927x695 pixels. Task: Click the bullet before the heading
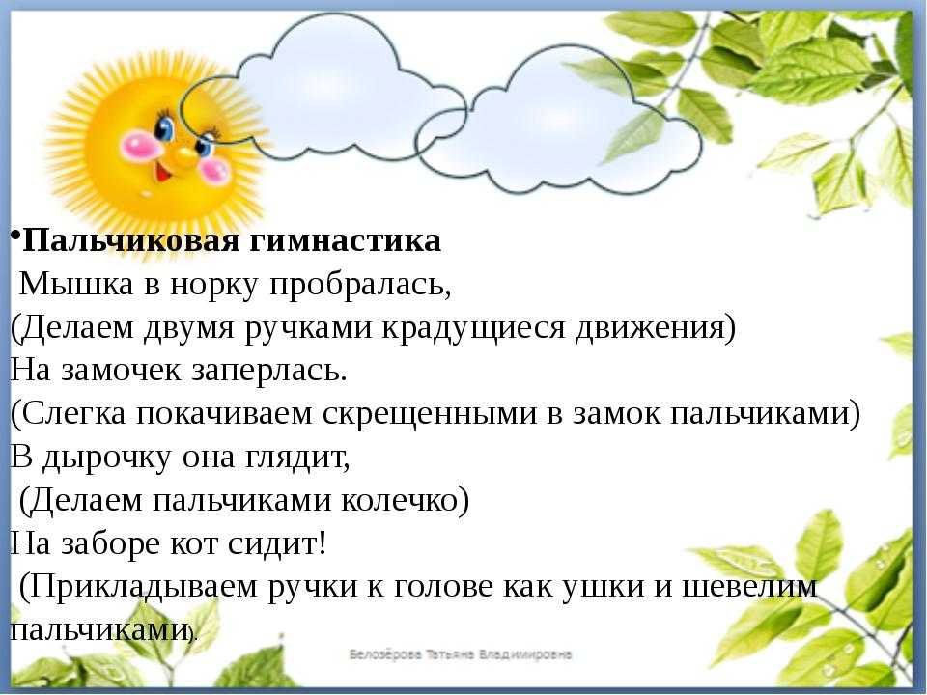click(x=15, y=234)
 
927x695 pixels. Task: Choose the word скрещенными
click(x=430, y=414)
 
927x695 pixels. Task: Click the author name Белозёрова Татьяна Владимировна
click(x=461, y=654)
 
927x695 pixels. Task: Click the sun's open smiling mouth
click(x=165, y=172)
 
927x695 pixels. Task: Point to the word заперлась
click(x=269, y=371)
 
